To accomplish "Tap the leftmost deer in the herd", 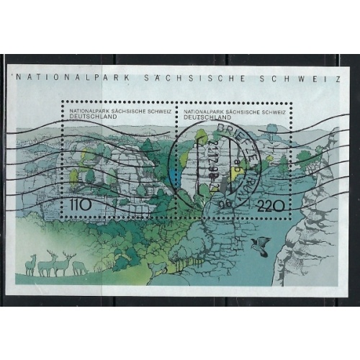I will (30, 264).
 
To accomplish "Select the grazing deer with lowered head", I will (80, 267).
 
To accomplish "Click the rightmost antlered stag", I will (66, 262).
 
